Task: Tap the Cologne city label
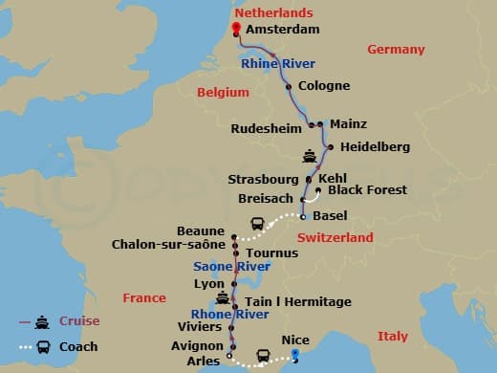[x=324, y=85]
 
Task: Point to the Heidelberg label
[x=376, y=147]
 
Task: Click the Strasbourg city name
[x=265, y=179]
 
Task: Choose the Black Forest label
[x=367, y=190]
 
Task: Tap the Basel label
[x=330, y=215]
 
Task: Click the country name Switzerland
[x=335, y=237]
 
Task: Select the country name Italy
[x=392, y=336]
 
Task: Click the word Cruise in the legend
[x=78, y=321]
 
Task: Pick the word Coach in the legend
[x=78, y=346]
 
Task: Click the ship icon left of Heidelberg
[x=309, y=155]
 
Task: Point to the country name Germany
[x=396, y=50]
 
